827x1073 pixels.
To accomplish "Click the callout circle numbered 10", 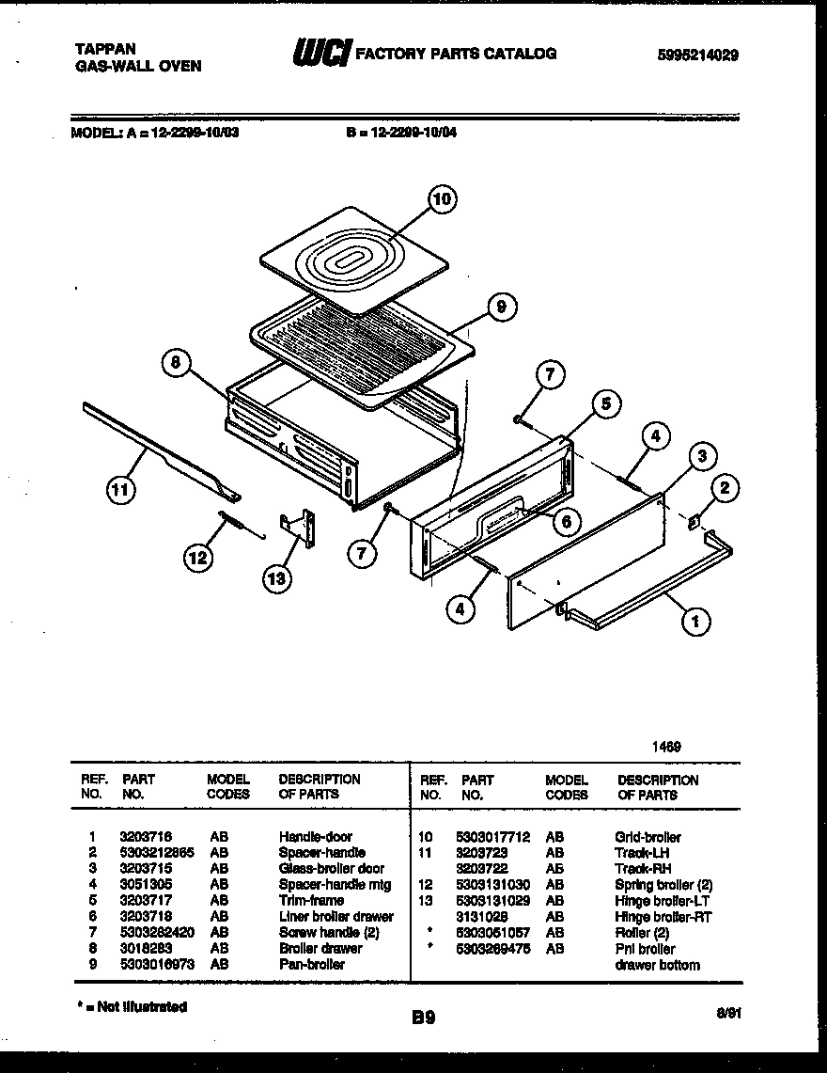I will click(443, 199).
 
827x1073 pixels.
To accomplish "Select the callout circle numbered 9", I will click(502, 305).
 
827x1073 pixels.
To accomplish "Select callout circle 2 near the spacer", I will click(724, 487).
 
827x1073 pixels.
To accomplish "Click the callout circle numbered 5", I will click(606, 404).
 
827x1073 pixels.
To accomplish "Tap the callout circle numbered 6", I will click(567, 521).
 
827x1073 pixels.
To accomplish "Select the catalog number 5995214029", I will click(697, 55).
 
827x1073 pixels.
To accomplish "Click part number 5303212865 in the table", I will click(157, 852).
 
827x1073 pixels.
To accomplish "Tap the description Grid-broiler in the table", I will click(648, 837).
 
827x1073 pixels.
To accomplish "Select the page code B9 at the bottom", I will click(423, 1017).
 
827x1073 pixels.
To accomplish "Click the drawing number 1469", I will click(667, 747).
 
